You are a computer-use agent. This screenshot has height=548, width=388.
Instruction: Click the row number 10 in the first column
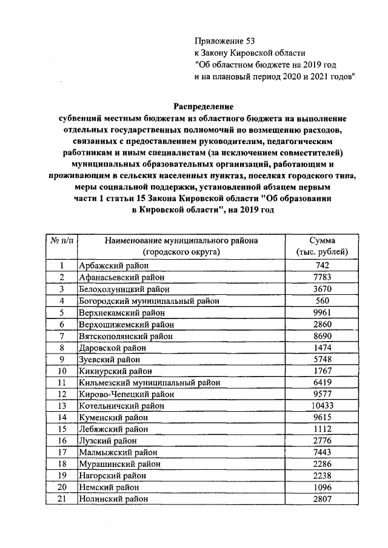pyautogui.click(x=62, y=371)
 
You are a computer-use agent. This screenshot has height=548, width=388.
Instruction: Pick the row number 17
pyautogui.click(x=62, y=452)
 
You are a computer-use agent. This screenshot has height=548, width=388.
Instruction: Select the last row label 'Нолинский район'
pyautogui.click(x=113, y=499)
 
